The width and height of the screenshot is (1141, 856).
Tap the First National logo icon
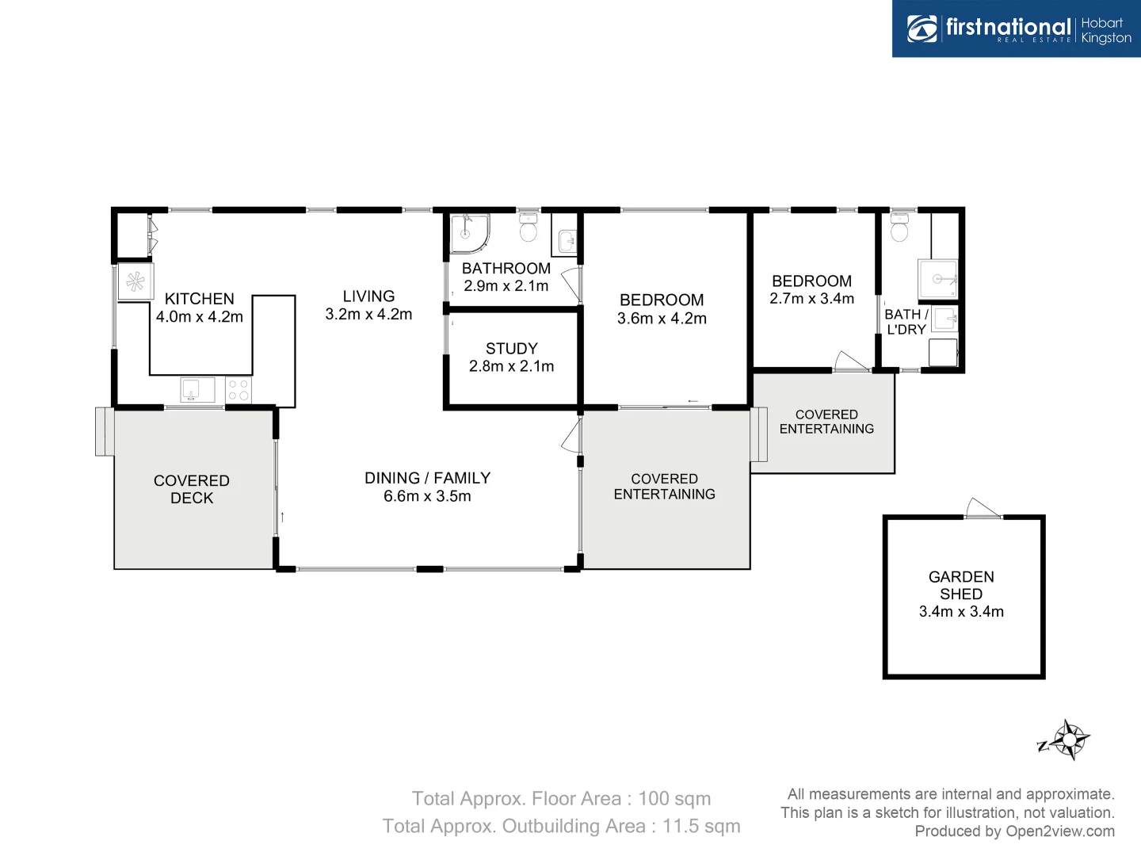click(x=922, y=29)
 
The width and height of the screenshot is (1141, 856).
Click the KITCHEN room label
click(x=199, y=299)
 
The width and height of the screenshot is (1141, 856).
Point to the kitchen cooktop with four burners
click(x=239, y=390)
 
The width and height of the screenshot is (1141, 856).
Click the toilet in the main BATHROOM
click(x=528, y=227)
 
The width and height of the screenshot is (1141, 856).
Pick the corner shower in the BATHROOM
click(x=468, y=233)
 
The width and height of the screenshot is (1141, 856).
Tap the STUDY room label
click(x=511, y=349)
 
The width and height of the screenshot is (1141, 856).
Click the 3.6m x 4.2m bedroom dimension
click(x=662, y=319)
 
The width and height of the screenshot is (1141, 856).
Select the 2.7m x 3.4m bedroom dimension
click(x=811, y=299)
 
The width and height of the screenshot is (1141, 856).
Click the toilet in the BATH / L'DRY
click(x=899, y=228)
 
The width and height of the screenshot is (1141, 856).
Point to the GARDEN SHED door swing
click(x=983, y=509)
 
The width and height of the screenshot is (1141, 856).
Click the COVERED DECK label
click(x=192, y=489)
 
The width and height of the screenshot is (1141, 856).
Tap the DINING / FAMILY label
click(x=427, y=478)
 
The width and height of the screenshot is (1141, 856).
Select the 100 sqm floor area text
click(x=674, y=799)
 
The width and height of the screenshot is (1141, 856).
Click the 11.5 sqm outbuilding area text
click(x=701, y=826)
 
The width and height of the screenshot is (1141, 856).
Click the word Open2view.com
click(x=1059, y=831)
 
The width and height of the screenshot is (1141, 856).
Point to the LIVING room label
click(x=368, y=296)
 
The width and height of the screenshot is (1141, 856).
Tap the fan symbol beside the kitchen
click(x=135, y=281)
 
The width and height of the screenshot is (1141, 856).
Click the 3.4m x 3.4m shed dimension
click(x=961, y=612)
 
